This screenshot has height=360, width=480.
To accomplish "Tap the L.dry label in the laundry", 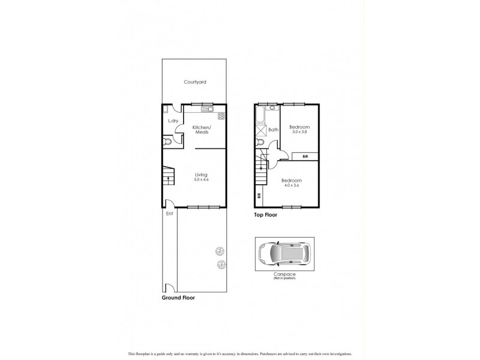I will click(x=173, y=122).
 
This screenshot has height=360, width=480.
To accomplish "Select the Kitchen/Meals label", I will click(x=201, y=130).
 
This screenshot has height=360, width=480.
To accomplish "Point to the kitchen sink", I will click(x=207, y=109).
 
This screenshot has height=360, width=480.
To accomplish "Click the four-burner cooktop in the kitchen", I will click(x=221, y=116).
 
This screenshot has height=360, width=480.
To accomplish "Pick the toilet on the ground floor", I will click(x=168, y=142).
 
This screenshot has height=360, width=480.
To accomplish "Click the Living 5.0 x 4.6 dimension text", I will click(x=193, y=180).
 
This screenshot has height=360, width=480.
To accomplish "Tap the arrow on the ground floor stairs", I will click(x=169, y=178).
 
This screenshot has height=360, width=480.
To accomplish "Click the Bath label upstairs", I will click(x=273, y=130).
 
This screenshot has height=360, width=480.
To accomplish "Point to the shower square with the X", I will click(x=261, y=130).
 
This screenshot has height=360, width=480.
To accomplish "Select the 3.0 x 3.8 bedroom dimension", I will click(x=299, y=133).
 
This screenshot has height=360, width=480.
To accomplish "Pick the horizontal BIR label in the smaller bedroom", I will click(x=305, y=156).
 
